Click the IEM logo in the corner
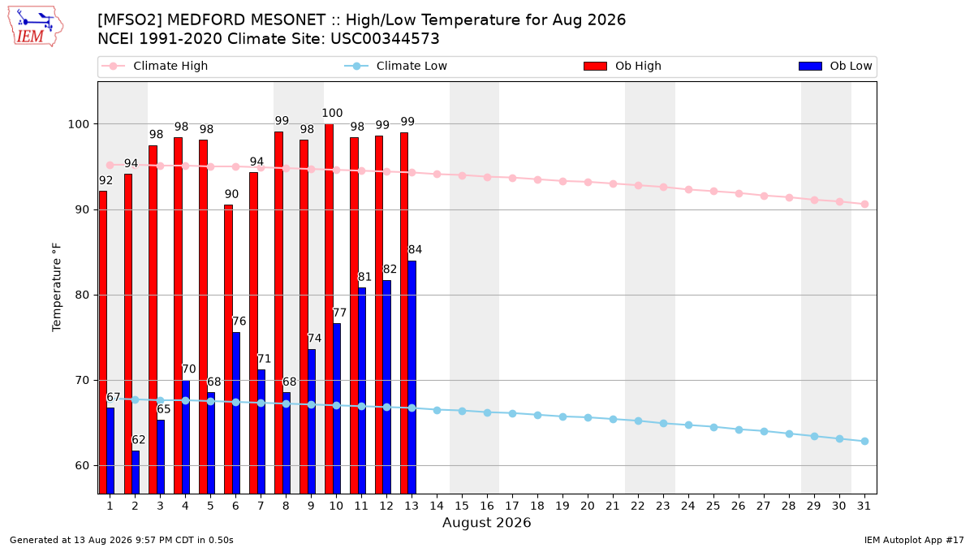pos(35,27)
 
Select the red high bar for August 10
pos(330,309)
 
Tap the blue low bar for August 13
pos(412,377)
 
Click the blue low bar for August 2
pos(136,472)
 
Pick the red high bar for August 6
pos(228,349)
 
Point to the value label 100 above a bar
pos(332,113)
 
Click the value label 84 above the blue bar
pos(415,250)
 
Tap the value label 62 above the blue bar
pos(138,440)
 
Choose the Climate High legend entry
pos(154,66)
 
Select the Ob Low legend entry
pos(835,66)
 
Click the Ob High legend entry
pos(623,66)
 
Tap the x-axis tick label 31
pos(864,506)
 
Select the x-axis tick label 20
pos(588,506)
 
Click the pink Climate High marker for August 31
pos(864,204)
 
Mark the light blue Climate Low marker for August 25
pos(713,428)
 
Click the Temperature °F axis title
pos(57,287)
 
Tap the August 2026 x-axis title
pos(486,522)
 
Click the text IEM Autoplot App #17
pos(914,540)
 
